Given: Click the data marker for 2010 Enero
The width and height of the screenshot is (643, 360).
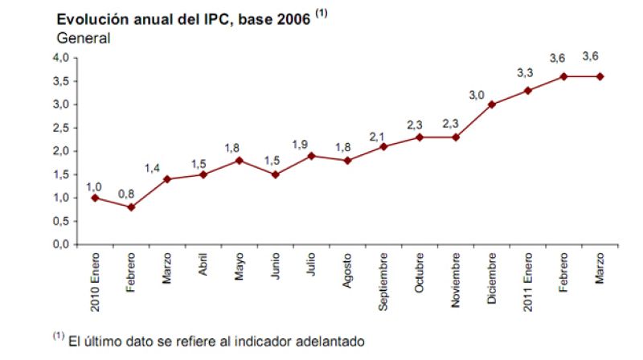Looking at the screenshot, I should coord(95,198).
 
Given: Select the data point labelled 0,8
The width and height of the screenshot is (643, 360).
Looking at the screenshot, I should coord(130,207).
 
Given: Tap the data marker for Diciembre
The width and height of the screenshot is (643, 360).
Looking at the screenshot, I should coord(491,104).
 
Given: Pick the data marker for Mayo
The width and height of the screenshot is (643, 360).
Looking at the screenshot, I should coord(239,160).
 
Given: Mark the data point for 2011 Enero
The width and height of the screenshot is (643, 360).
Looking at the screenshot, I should coord(527,90).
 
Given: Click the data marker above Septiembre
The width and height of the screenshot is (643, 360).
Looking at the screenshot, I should coord(383,146).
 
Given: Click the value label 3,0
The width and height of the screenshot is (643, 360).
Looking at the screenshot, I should coord(477,95).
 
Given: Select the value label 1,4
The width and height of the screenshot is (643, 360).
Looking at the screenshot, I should coord(153,167).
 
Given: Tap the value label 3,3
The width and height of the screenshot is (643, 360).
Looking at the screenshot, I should coord(525,73).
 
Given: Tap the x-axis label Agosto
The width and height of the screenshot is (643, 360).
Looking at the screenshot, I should coord(347,270).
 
